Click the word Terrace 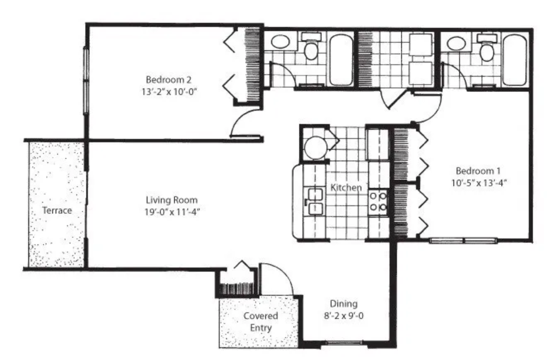pos(57,210)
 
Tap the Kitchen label pos(346,187)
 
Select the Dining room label pos(344,304)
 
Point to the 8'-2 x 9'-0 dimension pos(344,316)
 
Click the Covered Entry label pos(261,322)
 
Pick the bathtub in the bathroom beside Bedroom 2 pos(341,59)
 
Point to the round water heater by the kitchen pos(315,148)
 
